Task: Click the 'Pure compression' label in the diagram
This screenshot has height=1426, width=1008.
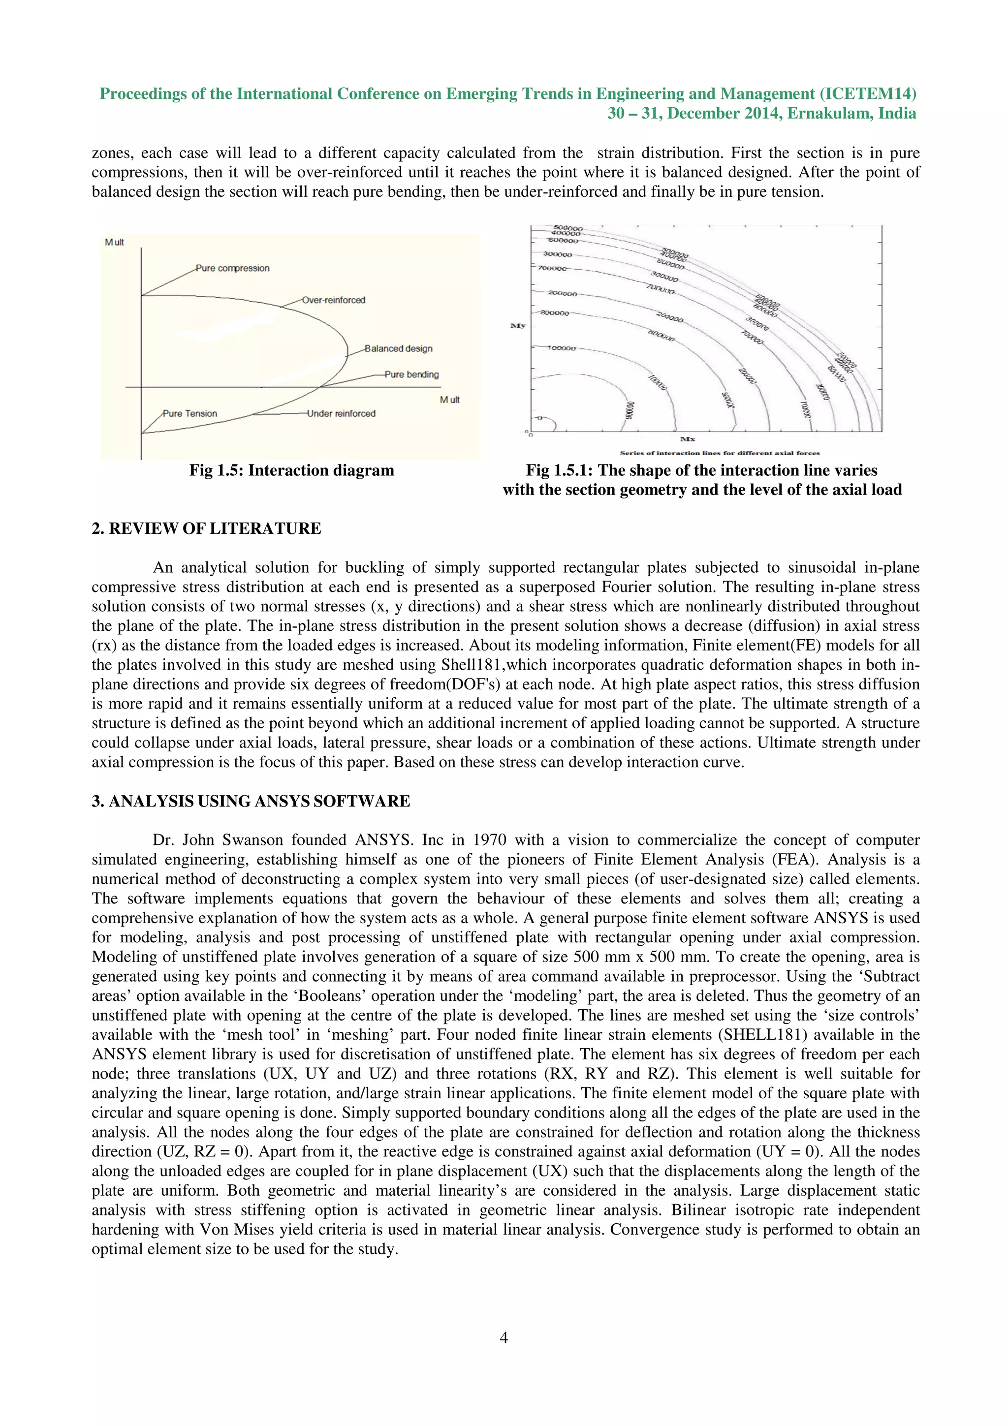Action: [232, 268]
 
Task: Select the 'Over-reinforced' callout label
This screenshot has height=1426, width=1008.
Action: [334, 300]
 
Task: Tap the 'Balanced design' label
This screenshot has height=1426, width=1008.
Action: [398, 348]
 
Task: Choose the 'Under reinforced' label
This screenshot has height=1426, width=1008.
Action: [341, 414]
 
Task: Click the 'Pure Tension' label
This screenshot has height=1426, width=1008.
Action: [189, 414]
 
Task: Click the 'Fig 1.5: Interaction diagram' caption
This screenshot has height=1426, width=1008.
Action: [291, 470]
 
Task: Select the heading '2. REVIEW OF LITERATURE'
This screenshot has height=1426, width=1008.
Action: [206, 528]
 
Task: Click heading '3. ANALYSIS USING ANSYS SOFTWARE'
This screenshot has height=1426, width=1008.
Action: [251, 801]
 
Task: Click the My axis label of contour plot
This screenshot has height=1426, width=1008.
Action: [517, 325]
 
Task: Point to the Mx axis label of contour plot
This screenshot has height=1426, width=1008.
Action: [688, 439]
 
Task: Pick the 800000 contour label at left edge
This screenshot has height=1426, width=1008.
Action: [554, 313]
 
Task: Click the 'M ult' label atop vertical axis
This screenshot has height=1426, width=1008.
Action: [114, 242]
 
